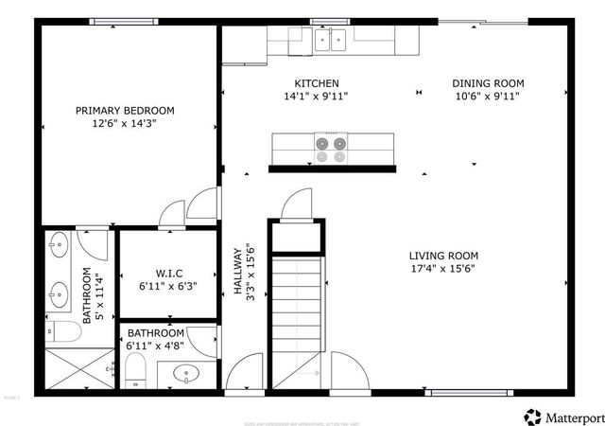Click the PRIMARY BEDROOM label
tap(125, 111)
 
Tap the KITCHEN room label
tap(317, 83)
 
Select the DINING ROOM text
tap(487, 83)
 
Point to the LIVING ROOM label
tap(443, 256)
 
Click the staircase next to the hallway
tap(297, 322)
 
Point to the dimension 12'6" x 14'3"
tap(125, 124)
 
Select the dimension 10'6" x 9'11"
tap(487, 96)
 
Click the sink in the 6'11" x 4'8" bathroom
tap(187, 374)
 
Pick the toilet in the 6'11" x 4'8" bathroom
tap(136, 372)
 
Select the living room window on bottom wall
tap(470, 392)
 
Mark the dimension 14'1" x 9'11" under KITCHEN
tap(317, 96)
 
